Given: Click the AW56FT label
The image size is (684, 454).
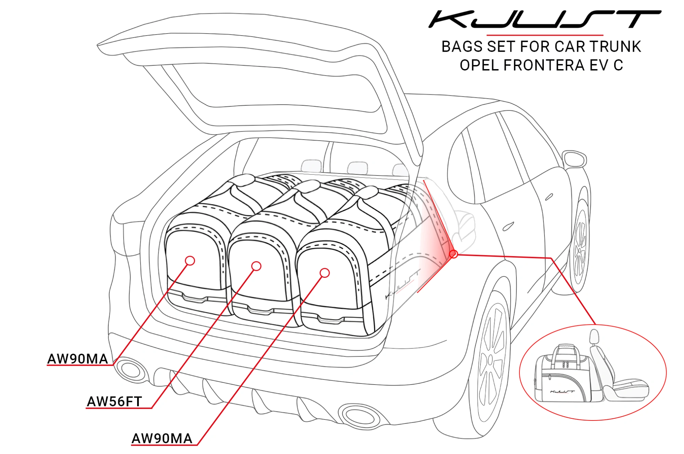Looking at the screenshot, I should [x=114, y=401].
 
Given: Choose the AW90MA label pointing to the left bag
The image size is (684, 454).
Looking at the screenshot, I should [x=78, y=359].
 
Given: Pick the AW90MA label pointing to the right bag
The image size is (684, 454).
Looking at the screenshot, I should [x=162, y=438].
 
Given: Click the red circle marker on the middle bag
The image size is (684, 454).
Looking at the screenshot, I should [x=256, y=266].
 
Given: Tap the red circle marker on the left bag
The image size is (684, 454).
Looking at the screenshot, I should [x=190, y=261].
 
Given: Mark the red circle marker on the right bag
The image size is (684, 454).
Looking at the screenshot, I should [x=325, y=273].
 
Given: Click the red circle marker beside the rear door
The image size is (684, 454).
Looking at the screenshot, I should [x=453, y=254].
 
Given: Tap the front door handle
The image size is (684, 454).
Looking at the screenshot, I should [x=549, y=197].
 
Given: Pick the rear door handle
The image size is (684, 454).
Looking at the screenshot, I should [x=508, y=226].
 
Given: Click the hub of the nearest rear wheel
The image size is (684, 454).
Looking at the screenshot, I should [x=490, y=359].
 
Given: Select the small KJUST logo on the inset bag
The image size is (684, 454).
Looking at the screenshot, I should [x=562, y=391].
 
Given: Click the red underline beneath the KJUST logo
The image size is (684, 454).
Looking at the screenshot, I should [x=544, y=35].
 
